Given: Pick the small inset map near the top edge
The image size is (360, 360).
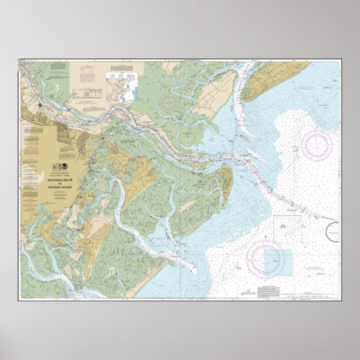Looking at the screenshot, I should pyautogui.click(x=122, y=87).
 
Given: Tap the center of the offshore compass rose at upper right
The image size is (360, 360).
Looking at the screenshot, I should pyautogui.click(x=317, y=144).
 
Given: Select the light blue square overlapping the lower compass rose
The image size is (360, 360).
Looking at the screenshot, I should pyautogui.click(x=278, y=262).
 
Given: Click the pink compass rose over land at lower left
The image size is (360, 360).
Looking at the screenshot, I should pyautogui.click(x=100, y=226).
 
